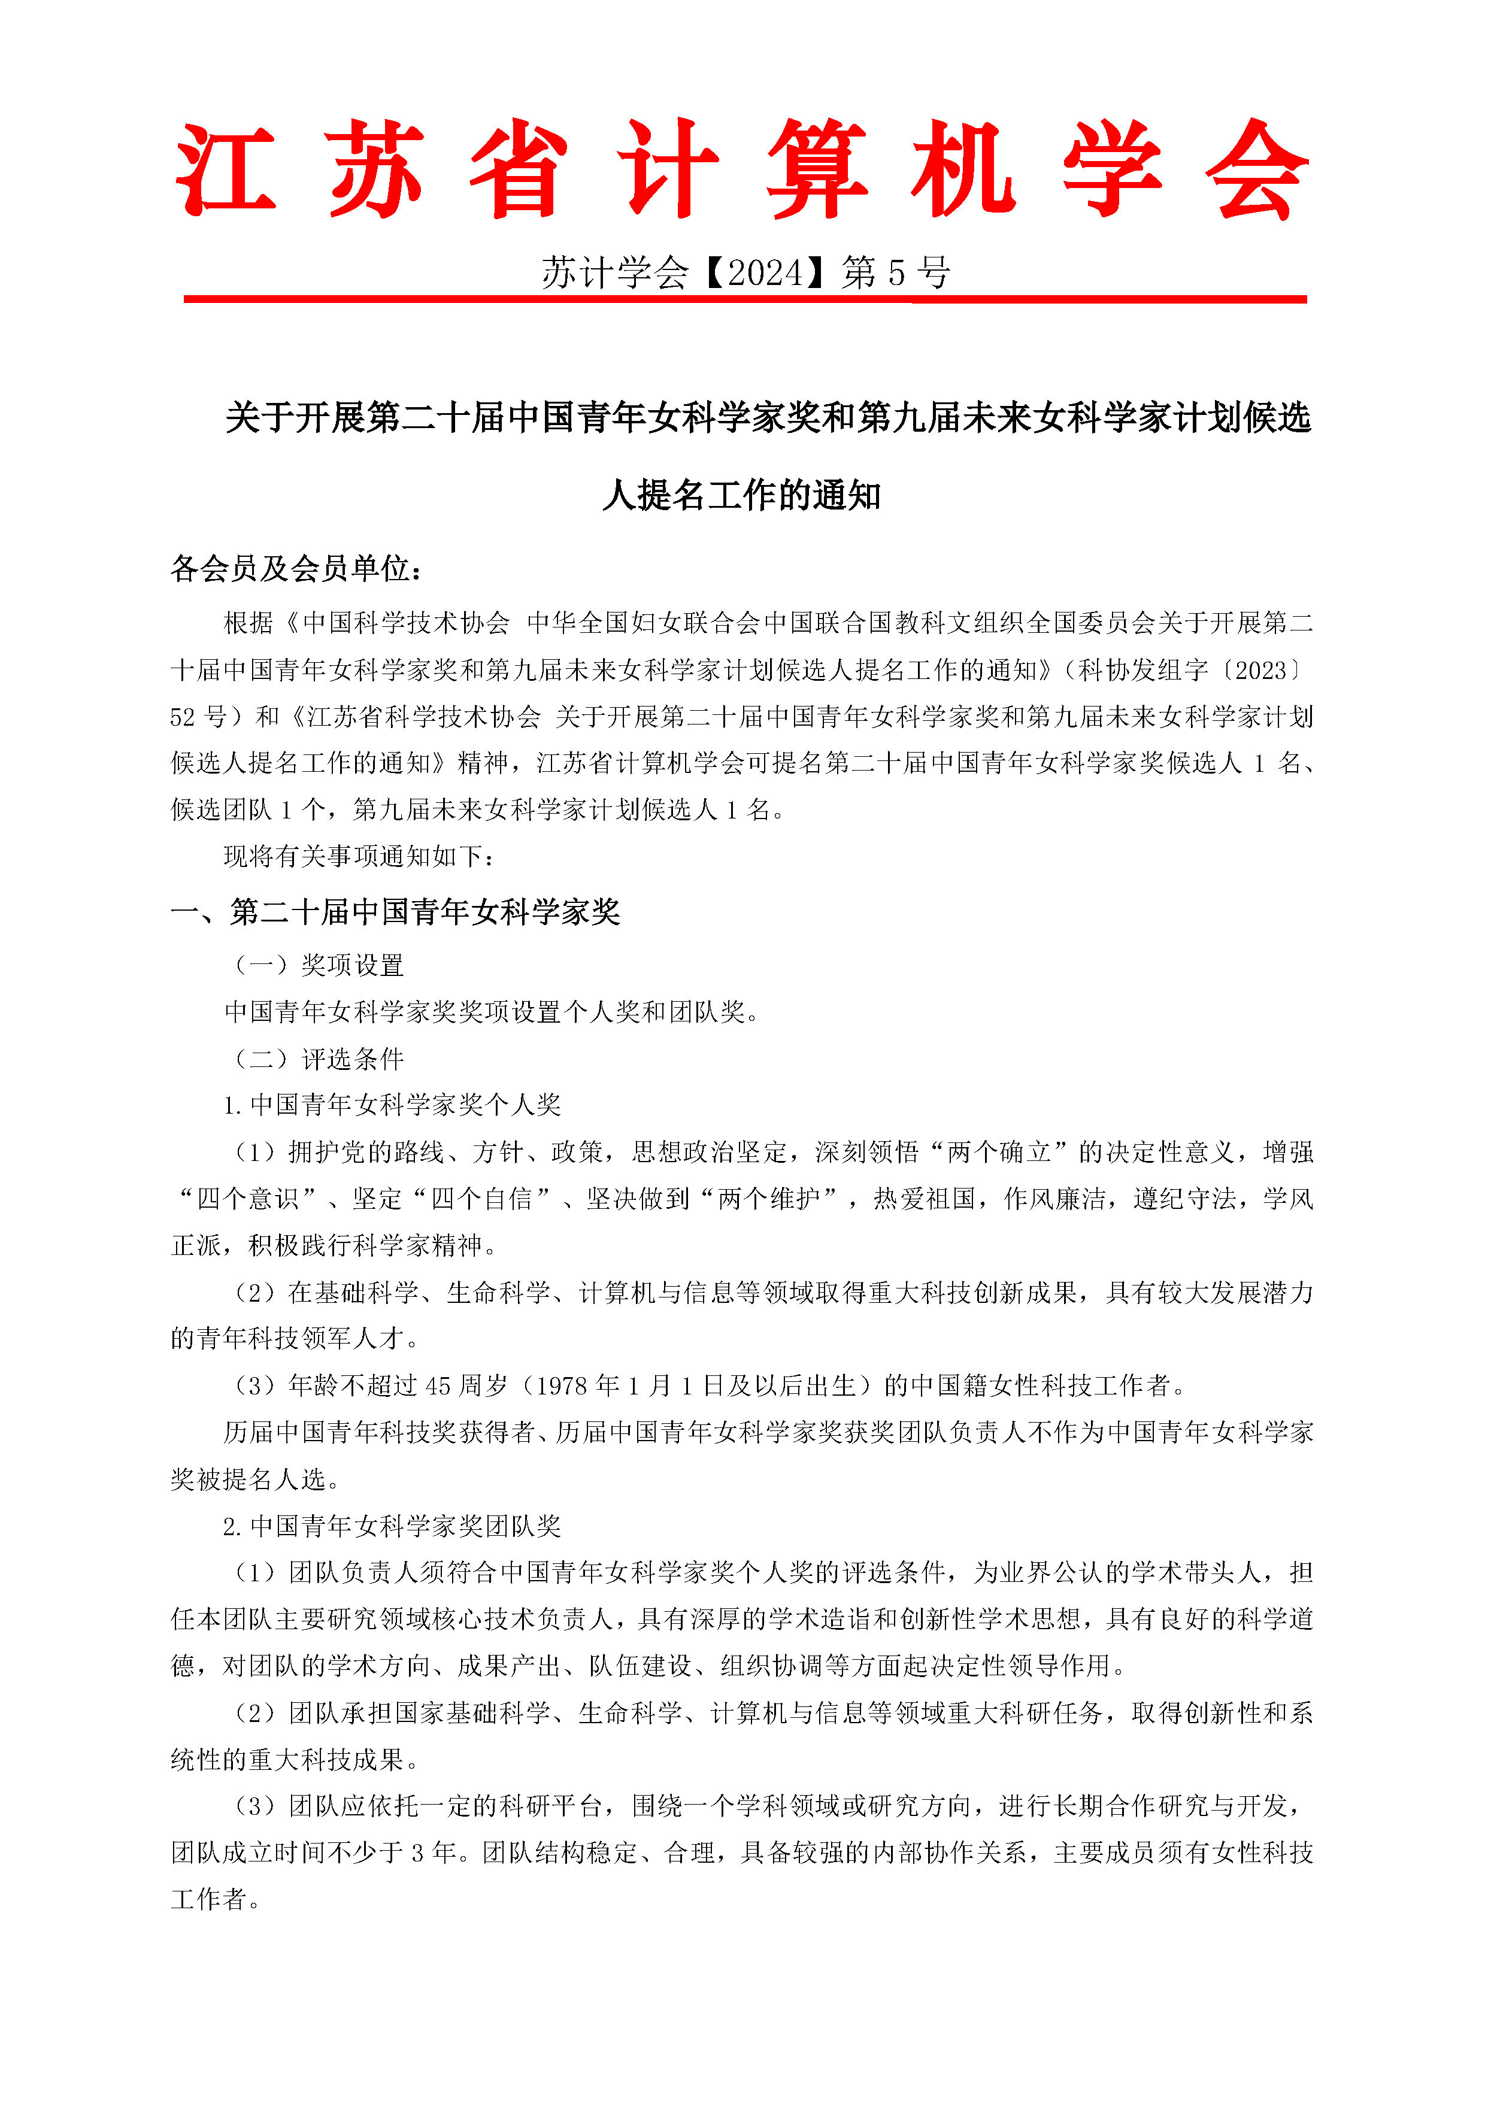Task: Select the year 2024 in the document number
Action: click(x=765, y=272)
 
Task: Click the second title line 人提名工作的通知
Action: click(x=742, y=495)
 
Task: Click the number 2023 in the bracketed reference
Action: click(x=1261, y=670)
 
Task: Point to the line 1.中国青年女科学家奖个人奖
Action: click(x=392, y=1105)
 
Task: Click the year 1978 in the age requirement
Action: click(x=562, y=1385)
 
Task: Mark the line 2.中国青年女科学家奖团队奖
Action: click(x=392, y=1526)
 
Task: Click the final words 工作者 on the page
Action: click(x=210, y=1899)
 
